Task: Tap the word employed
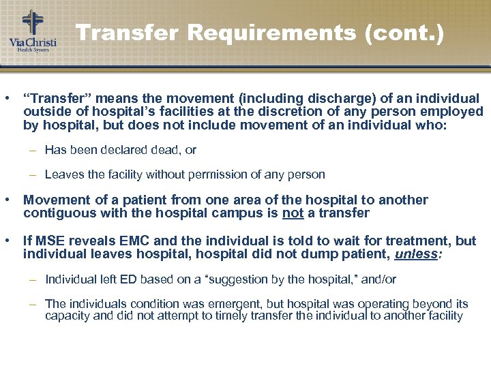click(x=456, y=112)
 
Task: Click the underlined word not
click(x=293, y=213)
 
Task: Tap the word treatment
click(x=420, y=241)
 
